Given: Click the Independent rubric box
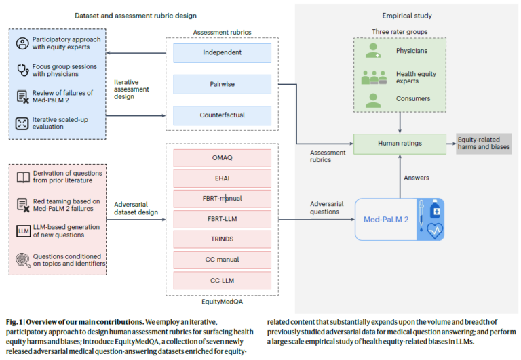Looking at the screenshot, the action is click(x=222, y=53).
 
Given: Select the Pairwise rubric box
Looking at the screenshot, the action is click(x=222, y=84).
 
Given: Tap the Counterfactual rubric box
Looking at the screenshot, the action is click(x=222, y=115).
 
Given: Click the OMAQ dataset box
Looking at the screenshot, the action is click(x=222, y=158).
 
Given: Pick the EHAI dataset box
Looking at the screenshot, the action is click(x=222, y=178).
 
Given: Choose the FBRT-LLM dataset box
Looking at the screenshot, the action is click(x=222, y=219).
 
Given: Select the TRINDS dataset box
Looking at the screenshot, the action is click(x=222, y=239).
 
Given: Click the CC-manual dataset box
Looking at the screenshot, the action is click(x=222, y=260).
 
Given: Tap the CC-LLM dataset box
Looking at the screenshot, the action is click(x=222, y=281).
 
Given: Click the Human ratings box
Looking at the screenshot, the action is click(x=400, y=144).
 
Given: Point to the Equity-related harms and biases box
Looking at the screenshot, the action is click(x=484, y=144).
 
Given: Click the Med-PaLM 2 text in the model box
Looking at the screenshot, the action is click(x=386, y=220).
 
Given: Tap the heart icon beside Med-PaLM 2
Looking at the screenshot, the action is click(x=435, y=231).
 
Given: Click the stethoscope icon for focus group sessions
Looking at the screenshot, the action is click(x=23, y=70).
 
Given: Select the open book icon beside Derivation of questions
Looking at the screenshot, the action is click(x=23, y=178).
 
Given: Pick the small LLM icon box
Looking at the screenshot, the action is click(x=24, y=231).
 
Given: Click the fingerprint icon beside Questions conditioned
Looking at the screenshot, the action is click(x=23, y=260).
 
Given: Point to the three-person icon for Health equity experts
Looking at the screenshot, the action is click(x=374, y=77).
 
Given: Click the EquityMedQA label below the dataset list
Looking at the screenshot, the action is click(x=222, y=302).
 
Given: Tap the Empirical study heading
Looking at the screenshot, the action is click(x=407, y=16).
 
